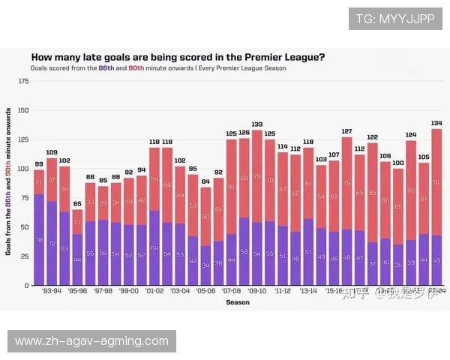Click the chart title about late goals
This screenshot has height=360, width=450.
[178, 57]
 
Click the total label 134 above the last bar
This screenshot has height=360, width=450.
[436, 123]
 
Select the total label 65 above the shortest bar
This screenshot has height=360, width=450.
[77, 203]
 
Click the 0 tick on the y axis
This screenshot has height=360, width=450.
[26, 285]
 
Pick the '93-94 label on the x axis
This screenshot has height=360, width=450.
[52, 290]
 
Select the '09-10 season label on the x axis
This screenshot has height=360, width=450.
[257, 290]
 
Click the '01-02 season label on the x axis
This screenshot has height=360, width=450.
[154, 290]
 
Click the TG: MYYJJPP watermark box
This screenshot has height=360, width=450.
[395, 19]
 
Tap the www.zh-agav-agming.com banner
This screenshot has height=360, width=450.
[93, 341]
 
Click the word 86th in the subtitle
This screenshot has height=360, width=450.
[106, 67]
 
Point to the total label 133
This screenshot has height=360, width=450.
[257, 124]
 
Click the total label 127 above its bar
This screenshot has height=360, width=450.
[346, 131]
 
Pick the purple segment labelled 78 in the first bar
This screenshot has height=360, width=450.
[39, 240]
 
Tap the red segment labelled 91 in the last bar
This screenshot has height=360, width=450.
[436, 182]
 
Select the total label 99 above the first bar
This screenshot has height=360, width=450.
[39, 164]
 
